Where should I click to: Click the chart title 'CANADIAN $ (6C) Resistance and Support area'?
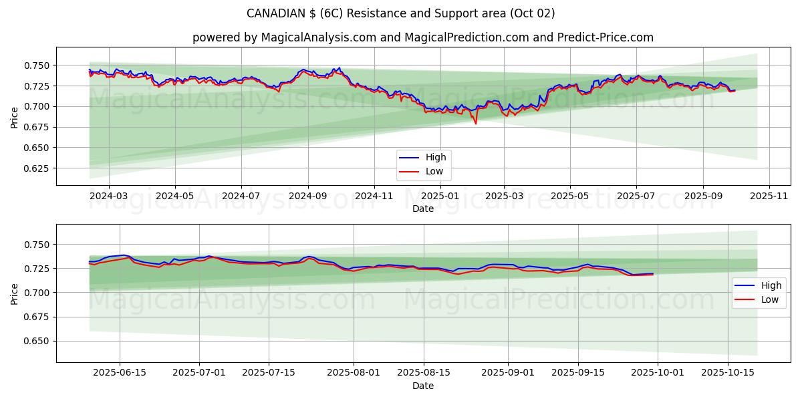click(x=400, y=13)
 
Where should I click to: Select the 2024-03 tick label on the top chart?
click(x=108, y=196)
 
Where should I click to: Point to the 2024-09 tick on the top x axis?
click(x=308, y=196)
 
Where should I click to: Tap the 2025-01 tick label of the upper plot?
click(x=439, y=196)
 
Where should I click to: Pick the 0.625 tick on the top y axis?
click(x=37, y=168)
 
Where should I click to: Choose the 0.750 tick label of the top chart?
click(x=37, y=65)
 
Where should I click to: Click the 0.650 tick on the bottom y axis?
click(x=37, y=341)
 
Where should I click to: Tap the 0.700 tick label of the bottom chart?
click(x=37, y=293)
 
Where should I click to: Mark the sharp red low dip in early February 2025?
click(x=476, y=124)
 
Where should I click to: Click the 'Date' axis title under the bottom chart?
click(x=422, y=386)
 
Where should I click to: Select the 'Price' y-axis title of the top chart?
click(x=15, y=116)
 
